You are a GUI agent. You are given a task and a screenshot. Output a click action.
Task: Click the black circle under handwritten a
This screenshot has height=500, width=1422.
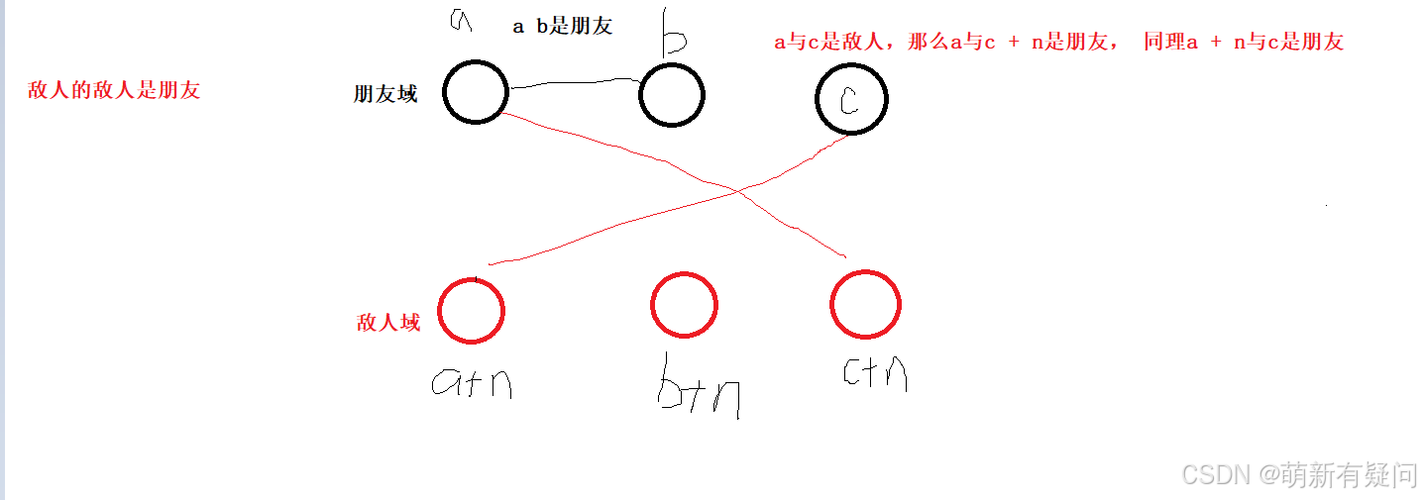476,92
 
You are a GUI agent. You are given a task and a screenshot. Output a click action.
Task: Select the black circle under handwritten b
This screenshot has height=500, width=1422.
671,96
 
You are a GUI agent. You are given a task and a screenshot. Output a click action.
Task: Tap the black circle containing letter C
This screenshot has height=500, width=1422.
851,100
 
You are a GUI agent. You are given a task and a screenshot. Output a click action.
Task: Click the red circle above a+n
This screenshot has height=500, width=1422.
472,310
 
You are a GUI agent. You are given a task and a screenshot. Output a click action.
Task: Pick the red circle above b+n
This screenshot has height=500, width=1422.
684,304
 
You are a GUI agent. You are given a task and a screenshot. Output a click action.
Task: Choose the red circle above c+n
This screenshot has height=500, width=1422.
865,304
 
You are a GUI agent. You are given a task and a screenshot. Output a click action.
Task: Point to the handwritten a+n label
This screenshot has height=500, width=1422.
472,382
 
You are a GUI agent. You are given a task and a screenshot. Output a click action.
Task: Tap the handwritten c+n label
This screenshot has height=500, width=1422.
874,372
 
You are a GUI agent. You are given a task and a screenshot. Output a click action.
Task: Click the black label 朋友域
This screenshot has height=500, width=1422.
385,94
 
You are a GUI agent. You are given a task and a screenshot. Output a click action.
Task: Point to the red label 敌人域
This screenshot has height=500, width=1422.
388,323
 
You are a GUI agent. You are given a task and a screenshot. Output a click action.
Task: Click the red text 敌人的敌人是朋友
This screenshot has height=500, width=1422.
115,91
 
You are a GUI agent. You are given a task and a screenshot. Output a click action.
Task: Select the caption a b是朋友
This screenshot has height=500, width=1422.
562,27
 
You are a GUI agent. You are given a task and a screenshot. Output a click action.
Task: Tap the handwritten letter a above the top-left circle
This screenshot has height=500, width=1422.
459,20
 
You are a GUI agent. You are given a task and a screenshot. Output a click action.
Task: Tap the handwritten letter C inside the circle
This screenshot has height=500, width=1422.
849,101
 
